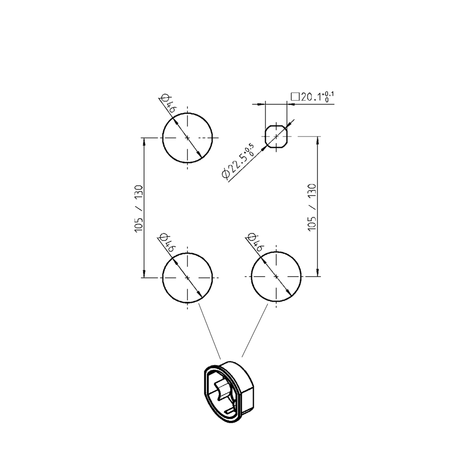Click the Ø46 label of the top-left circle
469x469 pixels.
(x=168, y=104)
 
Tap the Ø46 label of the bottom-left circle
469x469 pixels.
(x=168, y=243)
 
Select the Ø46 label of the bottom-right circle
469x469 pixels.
(x=256, y=243)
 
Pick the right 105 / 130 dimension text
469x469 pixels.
(x=312, y=207)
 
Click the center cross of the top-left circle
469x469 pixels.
(x=188, y=137)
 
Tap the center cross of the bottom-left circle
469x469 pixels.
(x=188, y=277)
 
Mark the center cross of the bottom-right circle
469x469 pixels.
(x=276, y=277)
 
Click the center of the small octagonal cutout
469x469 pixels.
(x=276, y=136)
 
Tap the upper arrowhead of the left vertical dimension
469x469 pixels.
(x=144, y=142)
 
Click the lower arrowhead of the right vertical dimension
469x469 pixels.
(x=318, y=273)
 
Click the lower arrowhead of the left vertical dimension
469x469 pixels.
(x=144, y=273)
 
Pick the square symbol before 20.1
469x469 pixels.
(x=295, y=97)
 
